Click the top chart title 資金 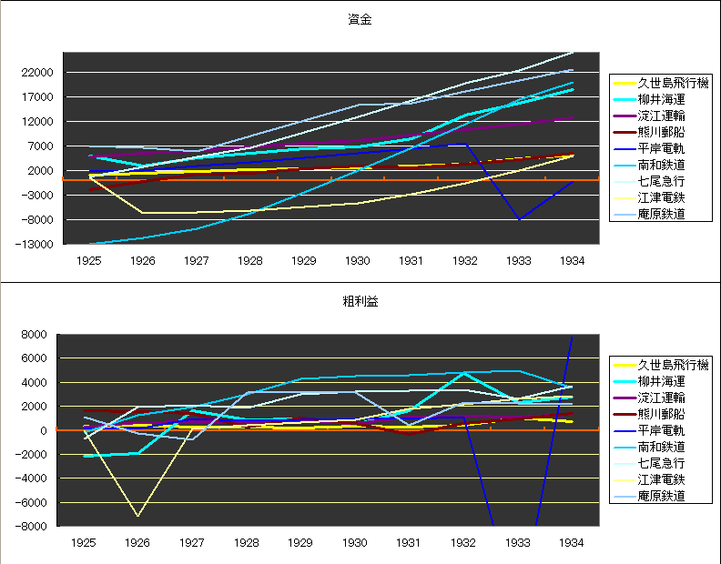(360, 19)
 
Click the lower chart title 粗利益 (360, 301)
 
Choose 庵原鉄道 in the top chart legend (661, 214)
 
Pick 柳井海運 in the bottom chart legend (661, 381)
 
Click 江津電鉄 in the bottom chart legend (661, 479)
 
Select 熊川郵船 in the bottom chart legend (661, 414)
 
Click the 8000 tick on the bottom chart (42, 335)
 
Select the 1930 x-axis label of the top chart (357, 260)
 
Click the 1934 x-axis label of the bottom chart (572, 542)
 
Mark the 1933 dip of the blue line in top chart (519, 219)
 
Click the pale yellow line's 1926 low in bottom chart (138, 516)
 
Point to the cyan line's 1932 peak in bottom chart (465, 373)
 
